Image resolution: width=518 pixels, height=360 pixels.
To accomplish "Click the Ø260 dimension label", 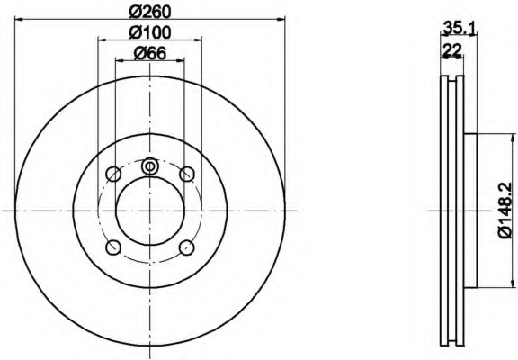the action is click(x=150, y=12).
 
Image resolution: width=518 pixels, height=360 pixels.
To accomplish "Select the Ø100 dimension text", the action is click(x=150, y=32).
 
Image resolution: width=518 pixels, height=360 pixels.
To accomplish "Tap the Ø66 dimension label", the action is click(x=150, y=53).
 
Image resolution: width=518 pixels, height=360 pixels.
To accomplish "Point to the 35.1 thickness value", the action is click(x=460, y=28).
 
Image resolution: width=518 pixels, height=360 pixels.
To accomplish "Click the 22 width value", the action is click(x=452, y=50).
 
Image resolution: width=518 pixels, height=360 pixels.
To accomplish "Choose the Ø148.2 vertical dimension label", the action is click(x=505, y=211).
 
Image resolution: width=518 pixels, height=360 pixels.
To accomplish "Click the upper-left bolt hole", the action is click(x=113, y=174).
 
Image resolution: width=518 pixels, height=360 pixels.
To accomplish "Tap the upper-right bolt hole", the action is click(x=187, y=174).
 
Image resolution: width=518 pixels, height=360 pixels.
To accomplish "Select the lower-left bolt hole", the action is click(x=113, y=247).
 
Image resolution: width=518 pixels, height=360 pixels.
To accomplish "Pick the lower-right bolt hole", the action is click(x=187, y=247).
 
